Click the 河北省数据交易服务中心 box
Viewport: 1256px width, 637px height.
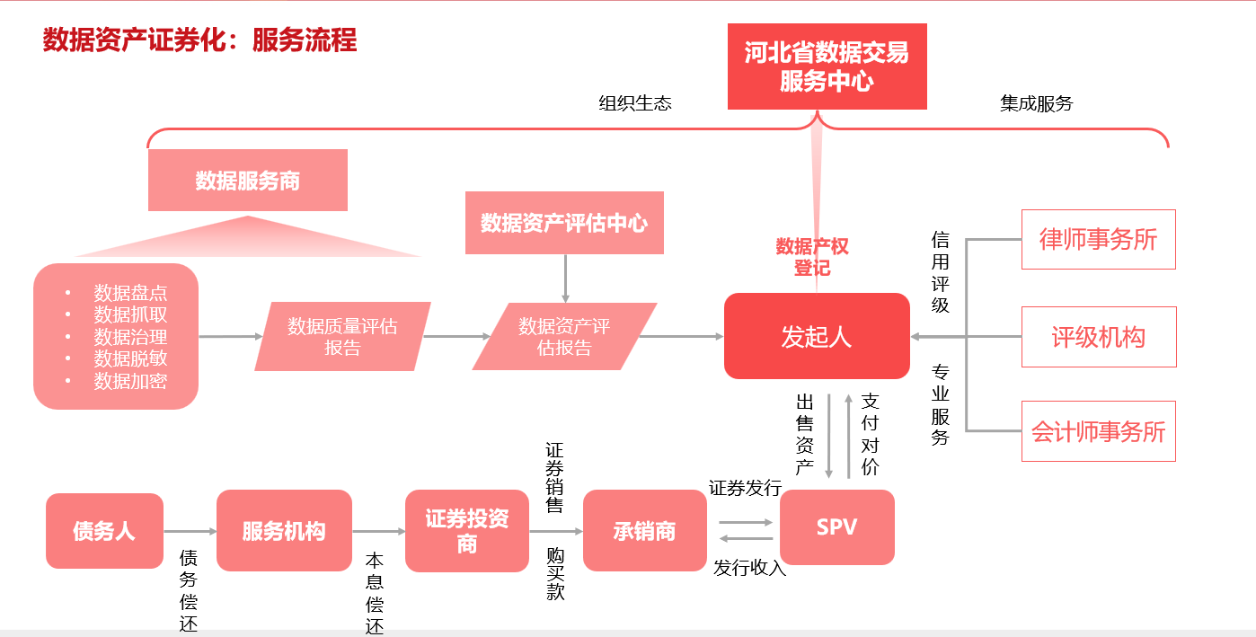827,66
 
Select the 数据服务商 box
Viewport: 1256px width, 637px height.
248,181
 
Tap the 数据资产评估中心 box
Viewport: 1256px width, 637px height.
564,223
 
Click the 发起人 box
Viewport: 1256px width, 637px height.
817,336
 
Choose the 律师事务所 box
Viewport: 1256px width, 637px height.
1098,239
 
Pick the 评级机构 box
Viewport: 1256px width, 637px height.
1098,337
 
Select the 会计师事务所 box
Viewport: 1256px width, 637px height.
1098,431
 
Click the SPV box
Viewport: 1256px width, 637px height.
836,527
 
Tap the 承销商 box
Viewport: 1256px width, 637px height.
644,531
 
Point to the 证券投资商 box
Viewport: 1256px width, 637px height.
467,531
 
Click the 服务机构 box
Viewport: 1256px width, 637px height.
284,531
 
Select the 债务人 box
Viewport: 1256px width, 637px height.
104,531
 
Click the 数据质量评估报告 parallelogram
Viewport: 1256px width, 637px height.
342,337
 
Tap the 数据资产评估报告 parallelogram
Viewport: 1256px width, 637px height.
564,337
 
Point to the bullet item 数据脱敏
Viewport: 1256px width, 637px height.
130,358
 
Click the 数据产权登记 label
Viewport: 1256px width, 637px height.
812,257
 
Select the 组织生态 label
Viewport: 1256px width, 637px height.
635,103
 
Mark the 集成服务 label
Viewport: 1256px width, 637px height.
1037,103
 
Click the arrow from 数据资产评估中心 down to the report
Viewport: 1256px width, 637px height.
565,279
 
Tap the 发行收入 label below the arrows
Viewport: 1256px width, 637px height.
749,568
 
